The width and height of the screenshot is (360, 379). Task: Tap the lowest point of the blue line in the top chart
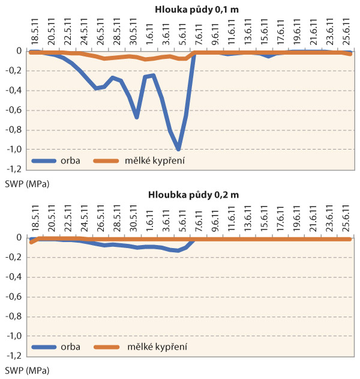[178, 149]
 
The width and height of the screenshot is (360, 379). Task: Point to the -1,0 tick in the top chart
[15, 150]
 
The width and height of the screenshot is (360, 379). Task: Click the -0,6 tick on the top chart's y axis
[15, 111]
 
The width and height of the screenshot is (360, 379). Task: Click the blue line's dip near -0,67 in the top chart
[137, 117]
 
